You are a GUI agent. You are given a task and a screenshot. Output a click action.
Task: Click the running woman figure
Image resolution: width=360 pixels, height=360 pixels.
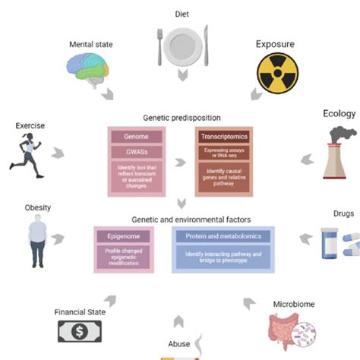(29, 151)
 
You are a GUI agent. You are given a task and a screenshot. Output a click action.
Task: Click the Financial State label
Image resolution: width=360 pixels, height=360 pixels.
(80, 311)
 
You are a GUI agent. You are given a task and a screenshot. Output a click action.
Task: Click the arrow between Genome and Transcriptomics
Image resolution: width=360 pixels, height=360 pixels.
(181, 162)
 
